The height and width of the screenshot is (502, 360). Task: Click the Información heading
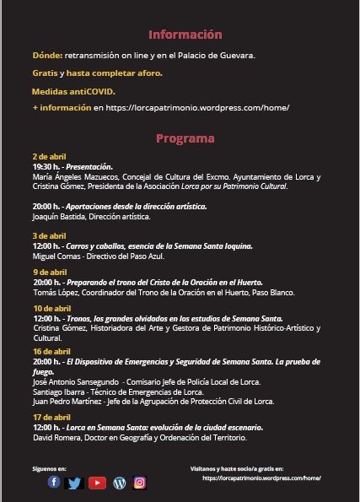pos(185,35)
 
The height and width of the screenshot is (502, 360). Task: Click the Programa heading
pos(185,138)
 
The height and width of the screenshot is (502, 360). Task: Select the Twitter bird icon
pos(74,483)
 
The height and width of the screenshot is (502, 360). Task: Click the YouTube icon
pos(97,483)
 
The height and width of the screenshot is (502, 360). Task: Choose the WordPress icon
pos(119,483)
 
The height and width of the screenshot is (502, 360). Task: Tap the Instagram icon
pos(140,483)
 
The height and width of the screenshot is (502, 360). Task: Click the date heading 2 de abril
pos(49,157)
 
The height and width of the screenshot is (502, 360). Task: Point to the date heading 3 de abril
pos(49,235)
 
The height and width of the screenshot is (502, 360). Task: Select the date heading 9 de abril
pos(49,272)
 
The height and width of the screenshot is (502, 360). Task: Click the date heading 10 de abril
pos(51,309)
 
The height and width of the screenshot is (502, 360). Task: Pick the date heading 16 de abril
pos(51,351)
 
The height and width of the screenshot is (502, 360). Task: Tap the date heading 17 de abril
pos(51,418)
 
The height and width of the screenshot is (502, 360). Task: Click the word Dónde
pos(46,56)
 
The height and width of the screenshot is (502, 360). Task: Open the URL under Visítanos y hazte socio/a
pos(261,478)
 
